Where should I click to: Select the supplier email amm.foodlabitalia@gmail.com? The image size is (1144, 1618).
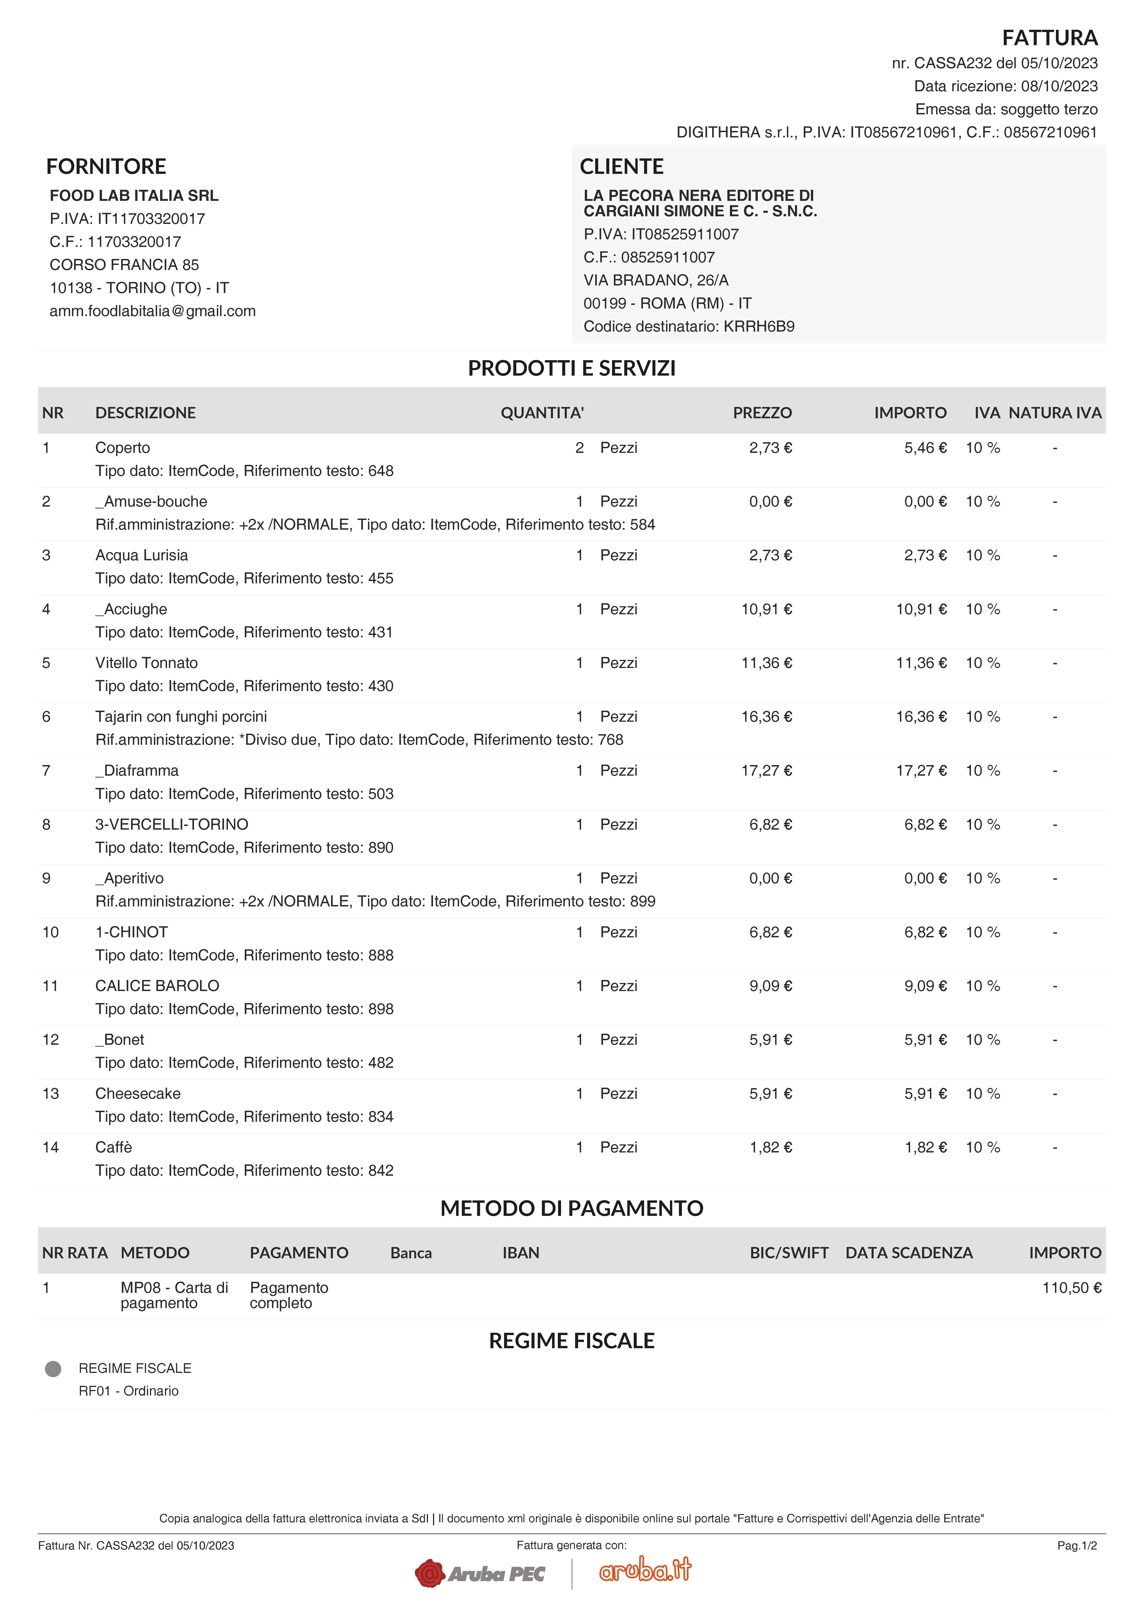[152, 311]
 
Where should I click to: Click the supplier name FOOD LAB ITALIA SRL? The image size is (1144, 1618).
[134, 195]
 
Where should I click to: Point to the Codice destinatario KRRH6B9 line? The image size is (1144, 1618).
[689, 326]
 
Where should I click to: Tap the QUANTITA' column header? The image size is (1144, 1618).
[542, 413]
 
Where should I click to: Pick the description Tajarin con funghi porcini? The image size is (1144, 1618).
[181, 717]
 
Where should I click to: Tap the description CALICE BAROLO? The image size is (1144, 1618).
[157, 986]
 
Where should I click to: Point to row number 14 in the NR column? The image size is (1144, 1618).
[51, 1147]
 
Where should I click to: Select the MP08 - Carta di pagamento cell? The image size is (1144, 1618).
[174, 1295]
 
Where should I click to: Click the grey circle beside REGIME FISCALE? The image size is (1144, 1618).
[53, 1369]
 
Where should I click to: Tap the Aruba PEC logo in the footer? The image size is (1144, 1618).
[480, 1573]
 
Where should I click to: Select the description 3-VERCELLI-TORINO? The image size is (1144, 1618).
[172, 825]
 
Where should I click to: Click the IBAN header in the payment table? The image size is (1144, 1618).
[521, 1253]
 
